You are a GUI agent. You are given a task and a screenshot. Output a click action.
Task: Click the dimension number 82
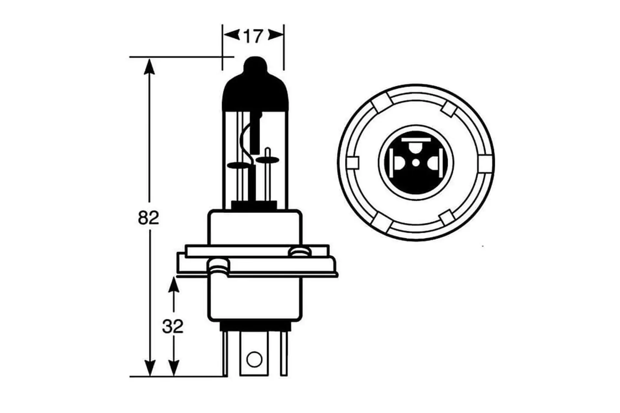pyautogui.click(x=149, y=218)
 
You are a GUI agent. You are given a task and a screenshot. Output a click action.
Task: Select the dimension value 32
pyautogui.click(x=173, y=327)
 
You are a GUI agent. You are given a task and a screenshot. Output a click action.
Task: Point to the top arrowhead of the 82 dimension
pyautogui.click(x=149, y=66)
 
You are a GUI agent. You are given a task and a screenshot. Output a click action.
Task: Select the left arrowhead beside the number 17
pyautogui.click(x=231, y=35)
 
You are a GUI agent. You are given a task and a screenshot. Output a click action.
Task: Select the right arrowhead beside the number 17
pyautogui.click(x=276, y=35)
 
